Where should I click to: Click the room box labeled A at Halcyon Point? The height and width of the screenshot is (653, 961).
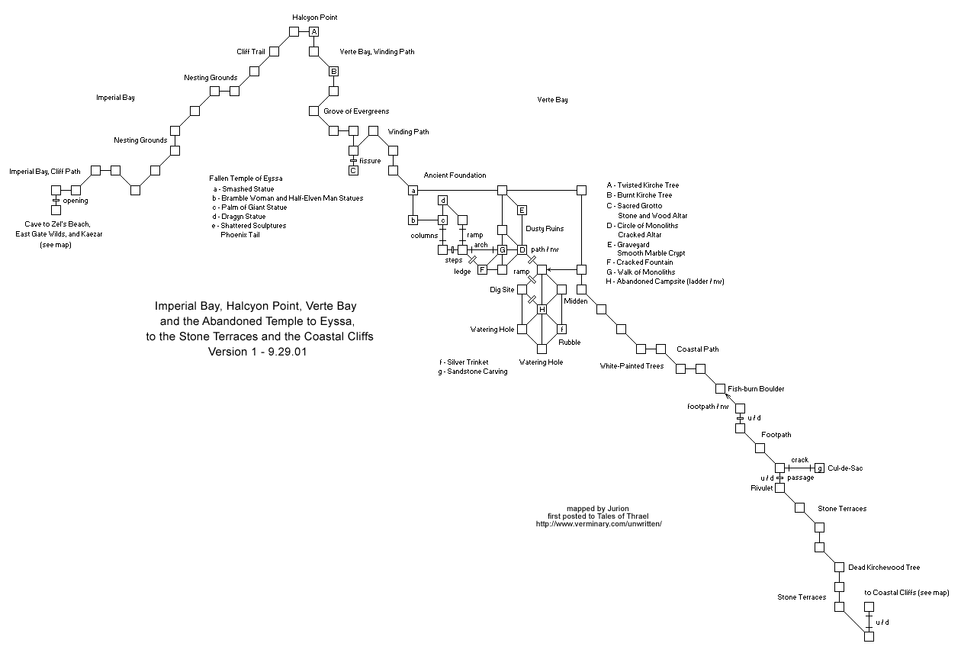(x=313, y=32)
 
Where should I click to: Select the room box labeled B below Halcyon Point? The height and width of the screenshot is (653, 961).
(x=333, y=72)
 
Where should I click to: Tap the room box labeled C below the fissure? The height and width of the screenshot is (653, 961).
(x=353, y=170)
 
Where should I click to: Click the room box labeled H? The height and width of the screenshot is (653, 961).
(x=542, y=309)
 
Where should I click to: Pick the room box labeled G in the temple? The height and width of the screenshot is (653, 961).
(x=503, y=249)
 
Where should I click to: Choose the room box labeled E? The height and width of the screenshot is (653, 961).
(x=522, y=210)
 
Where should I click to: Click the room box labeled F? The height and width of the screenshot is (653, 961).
(x=483, y=269)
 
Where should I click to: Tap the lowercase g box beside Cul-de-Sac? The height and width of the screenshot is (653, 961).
(x=819, y=468)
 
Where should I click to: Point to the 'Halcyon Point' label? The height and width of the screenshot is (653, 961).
(x=315, y=17)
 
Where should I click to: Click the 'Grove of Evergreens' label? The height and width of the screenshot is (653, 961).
(x=356, y=111)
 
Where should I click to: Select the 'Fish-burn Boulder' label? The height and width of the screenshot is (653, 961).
(x=756, y=389)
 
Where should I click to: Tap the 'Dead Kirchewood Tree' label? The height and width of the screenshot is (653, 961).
(x=884, y=568)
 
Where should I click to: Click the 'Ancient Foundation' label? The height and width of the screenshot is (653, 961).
(x=455, y=175)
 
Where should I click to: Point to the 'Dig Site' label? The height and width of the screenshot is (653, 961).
(x=502, y=290)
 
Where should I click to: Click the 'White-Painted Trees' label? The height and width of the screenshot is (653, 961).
(x=632, y=366)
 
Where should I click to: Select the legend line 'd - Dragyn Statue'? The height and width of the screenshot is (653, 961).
(x=239, y=217)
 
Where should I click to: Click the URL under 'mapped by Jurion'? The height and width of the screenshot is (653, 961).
(x=598, y=524)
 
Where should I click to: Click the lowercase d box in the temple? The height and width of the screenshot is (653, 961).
(x=442, y=201)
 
